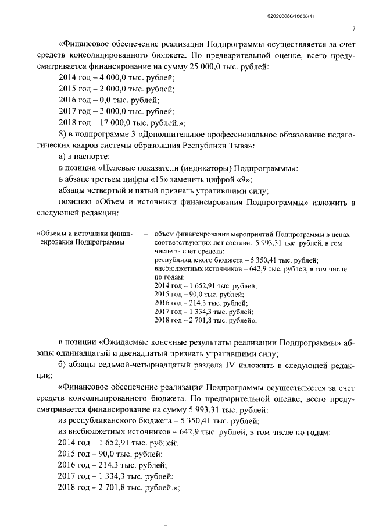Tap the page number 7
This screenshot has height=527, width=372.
353,30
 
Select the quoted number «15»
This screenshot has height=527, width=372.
162,179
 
